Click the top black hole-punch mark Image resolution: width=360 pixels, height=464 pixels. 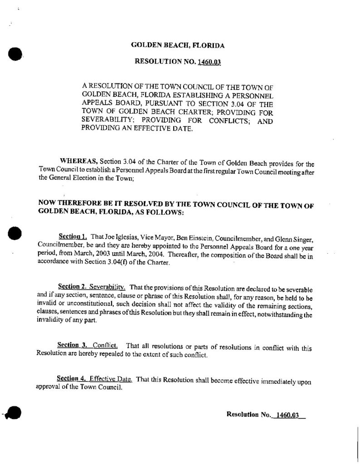[15, 54]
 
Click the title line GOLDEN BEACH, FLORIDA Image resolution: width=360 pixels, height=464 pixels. [178, 45]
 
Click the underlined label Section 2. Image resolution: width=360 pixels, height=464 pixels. [73, 287]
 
